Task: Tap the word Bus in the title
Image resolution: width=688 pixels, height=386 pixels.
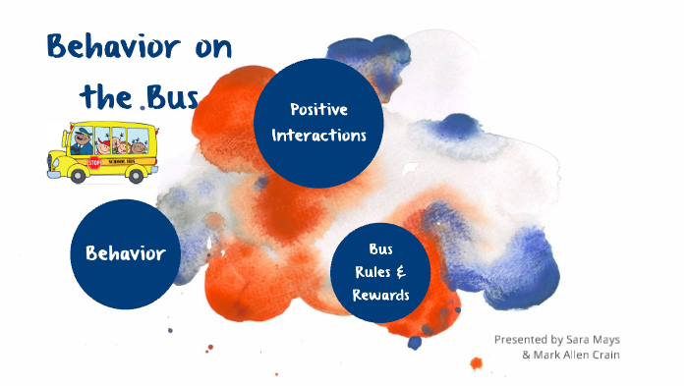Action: [170, 97]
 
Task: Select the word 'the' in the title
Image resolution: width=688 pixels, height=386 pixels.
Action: [104, 97]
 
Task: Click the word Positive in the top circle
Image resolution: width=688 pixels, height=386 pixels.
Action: [318, 109]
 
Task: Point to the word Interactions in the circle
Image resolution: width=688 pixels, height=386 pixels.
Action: [318, 135]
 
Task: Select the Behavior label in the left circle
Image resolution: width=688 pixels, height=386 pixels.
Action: [124, 253]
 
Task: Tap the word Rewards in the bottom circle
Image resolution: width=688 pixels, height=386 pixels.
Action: [380, 295]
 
